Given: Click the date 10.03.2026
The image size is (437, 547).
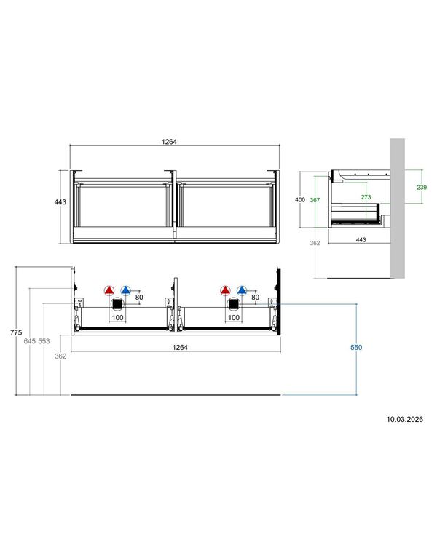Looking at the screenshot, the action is [x=404, y=419].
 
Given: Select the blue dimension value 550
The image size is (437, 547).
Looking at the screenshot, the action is [x=356, y=347].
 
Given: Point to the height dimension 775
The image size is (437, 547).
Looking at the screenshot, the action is [x=16, y=332].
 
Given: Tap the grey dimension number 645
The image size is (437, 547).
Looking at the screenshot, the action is [x=30, y=341].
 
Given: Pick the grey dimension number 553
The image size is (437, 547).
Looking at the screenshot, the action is [x=44, y=341].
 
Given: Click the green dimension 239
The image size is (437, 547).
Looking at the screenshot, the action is [x=422, y=188].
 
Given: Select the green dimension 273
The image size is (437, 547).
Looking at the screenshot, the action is [x=366, y=197].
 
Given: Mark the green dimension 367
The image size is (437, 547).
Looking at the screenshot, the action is [x=315, y=200].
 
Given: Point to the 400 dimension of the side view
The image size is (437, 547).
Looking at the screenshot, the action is [x=300, y=199].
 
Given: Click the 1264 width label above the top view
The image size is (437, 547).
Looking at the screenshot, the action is [x=169, y=142].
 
